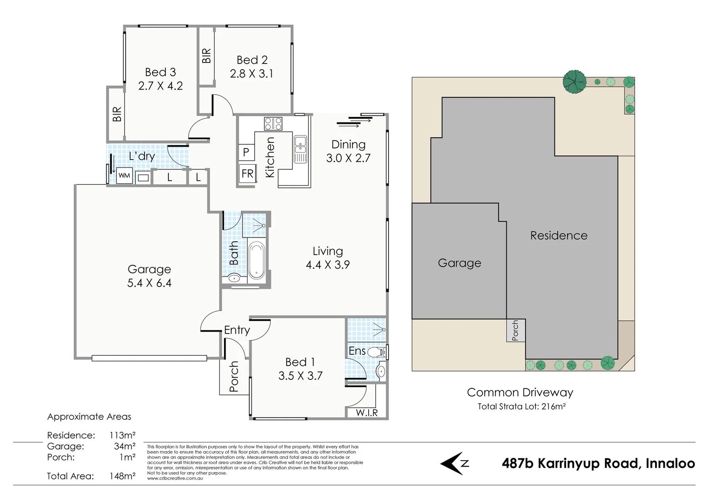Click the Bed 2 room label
(252, 60)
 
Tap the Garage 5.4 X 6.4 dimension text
(149, 283)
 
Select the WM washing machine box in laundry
(124, 175)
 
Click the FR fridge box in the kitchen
(248, 173)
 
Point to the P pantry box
(246, 152)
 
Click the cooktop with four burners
(273, 123)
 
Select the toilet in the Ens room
(377, 352)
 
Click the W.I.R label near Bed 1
(366, 412)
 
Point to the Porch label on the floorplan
(234, 376)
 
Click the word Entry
(236, 330)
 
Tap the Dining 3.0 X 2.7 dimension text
(348, 158)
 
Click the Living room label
(327, 251)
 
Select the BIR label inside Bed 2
(207, 56)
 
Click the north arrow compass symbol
(454, 463)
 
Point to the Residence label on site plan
(559, 236)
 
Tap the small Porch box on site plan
(516, 330)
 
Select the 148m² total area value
(122, 476)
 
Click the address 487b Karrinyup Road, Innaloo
(598, 463)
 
